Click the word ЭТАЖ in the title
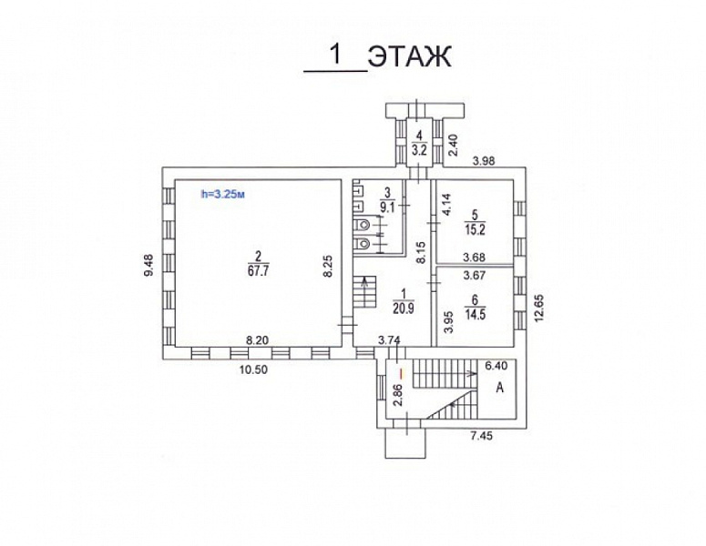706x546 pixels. (409, 57)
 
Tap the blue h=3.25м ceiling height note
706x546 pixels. (223, 195)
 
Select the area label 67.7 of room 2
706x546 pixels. (258, 271)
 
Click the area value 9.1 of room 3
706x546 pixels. (387, 208)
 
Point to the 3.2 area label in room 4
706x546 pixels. (419, 150)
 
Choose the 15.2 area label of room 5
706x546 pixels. (475, 229)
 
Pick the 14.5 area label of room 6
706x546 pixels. (476, 314)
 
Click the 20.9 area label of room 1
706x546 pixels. (403, 308)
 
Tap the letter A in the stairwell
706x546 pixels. (499, 388)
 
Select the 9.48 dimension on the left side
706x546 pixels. (148, 266)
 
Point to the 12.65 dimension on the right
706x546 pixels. (539, 307)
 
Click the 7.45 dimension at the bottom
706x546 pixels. (481, 435)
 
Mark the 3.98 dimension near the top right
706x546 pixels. (484, 160)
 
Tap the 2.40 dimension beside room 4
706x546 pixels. (454, 145)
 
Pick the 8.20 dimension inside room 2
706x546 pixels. (257, 340)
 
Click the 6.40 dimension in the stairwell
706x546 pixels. (496, 366)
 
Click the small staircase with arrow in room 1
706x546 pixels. (364, 292)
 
